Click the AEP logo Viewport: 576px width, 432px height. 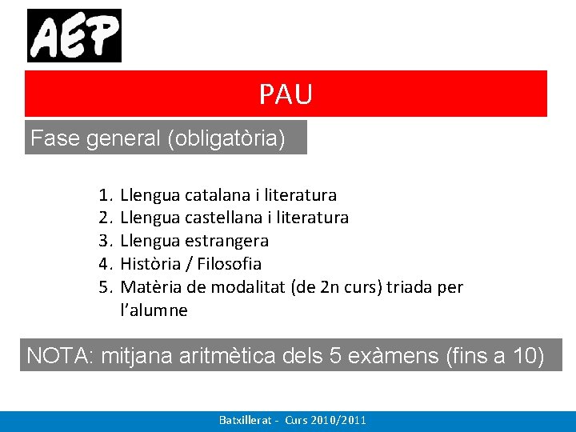tap(74, 35)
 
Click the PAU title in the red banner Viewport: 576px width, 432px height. tap(286, 94)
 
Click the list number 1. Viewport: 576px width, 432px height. tap(105, 195)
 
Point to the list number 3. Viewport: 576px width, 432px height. tap(105, 241)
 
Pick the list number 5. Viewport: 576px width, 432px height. tap(105, 287)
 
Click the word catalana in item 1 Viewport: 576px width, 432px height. tap(217, 195)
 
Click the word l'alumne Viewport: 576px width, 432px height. tap(154, 310)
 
